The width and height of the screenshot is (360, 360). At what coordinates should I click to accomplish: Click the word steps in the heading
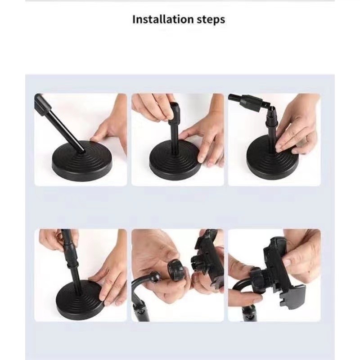click(211, 20)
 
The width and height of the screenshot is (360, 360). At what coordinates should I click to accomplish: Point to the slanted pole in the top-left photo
click(62, 125)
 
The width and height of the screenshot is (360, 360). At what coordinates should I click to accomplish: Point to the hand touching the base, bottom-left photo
click(109, 278)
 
